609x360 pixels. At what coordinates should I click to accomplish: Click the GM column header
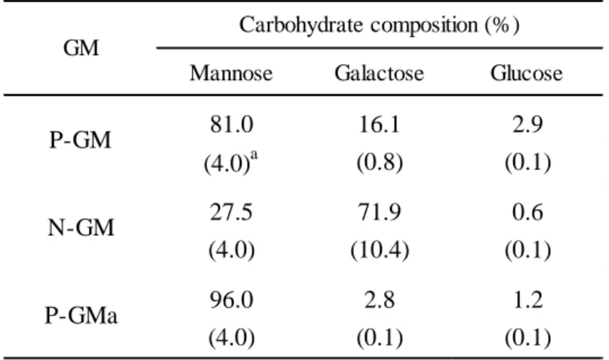(81, 48)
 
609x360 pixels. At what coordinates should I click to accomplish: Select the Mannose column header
(231, 73)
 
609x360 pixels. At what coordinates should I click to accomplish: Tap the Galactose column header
(379, 73)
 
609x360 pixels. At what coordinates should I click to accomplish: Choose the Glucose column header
(526, 73)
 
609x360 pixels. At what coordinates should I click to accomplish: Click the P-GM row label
(81, 140)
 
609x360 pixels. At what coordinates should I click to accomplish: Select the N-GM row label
(81, 228)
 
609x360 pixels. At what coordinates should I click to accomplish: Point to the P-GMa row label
(81, 315)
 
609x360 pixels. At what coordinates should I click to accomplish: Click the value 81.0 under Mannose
(232, 125)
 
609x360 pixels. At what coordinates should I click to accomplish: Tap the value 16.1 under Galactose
(379, 125)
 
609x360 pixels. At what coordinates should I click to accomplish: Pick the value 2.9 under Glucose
(527, 125)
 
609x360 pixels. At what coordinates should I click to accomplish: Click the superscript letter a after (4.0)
(254, 155)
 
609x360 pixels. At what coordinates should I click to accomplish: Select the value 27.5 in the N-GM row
(232, 213)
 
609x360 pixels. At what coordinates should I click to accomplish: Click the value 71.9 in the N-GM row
(380, 213)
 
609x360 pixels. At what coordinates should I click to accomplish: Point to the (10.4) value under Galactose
(380, 250)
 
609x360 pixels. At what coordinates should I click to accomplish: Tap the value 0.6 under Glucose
(527, 213)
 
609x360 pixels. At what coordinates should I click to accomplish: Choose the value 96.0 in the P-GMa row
(232, 300)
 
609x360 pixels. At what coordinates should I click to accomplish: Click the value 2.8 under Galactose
(380, 300)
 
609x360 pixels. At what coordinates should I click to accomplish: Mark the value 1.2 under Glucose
(527, 300)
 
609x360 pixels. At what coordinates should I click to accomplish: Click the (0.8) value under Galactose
(380, 162)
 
